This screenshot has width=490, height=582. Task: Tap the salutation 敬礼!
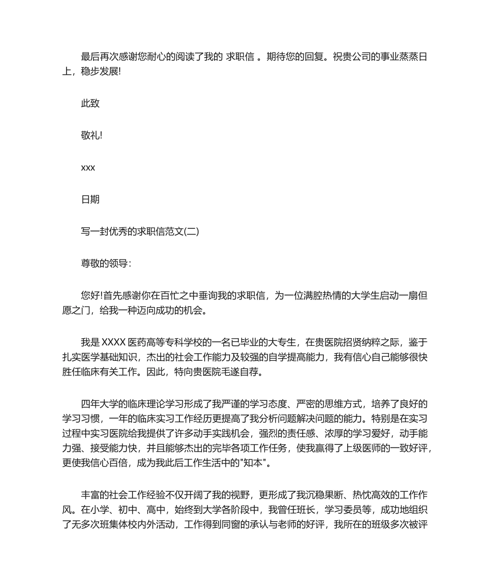tap(92, 136)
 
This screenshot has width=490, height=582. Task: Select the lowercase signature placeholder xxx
tap(88, 168)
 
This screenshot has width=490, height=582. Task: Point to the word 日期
tap(90, 200)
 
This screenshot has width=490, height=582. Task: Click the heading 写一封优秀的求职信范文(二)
tap(140, 232)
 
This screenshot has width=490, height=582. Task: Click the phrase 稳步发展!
tap(101, 72)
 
